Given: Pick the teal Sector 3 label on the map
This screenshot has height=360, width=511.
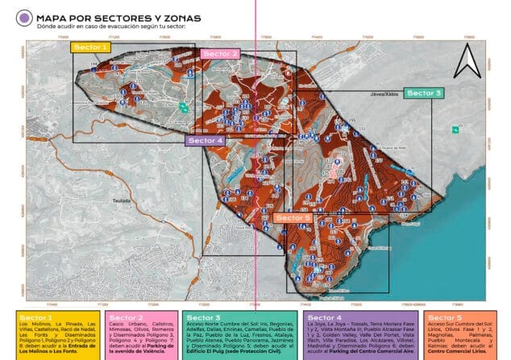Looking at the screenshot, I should (x=423, y=93).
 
